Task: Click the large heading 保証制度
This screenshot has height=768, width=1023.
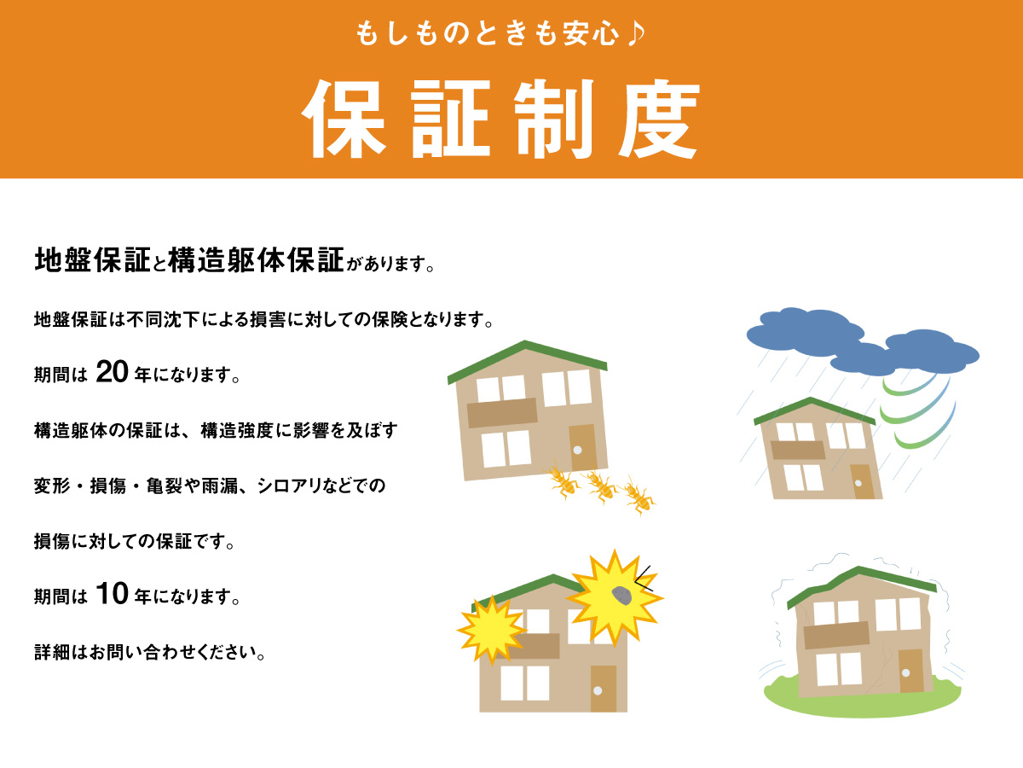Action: (x=501, y=119)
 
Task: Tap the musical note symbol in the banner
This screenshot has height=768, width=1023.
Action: (x=636, y=33)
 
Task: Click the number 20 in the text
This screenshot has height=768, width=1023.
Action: (x=112, y=372)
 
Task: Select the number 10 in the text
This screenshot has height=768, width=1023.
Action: (x=112, y=594)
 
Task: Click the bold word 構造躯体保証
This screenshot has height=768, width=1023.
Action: (x=256, y=260)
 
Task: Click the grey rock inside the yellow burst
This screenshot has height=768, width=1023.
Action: (x=621, y=596)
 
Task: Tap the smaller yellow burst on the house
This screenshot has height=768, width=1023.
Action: (x=492, y=630)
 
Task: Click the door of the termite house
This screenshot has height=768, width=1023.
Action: (x=582, y=447)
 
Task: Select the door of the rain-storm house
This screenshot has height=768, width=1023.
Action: (x=862, y=481)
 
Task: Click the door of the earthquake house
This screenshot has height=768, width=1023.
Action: (x=911, y=671)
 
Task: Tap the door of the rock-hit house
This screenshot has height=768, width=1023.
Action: (x=604, y=689)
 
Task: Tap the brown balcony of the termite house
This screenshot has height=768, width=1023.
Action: (x=502, y=413)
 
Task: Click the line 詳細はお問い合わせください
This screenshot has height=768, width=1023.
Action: (x=149, y=652)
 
